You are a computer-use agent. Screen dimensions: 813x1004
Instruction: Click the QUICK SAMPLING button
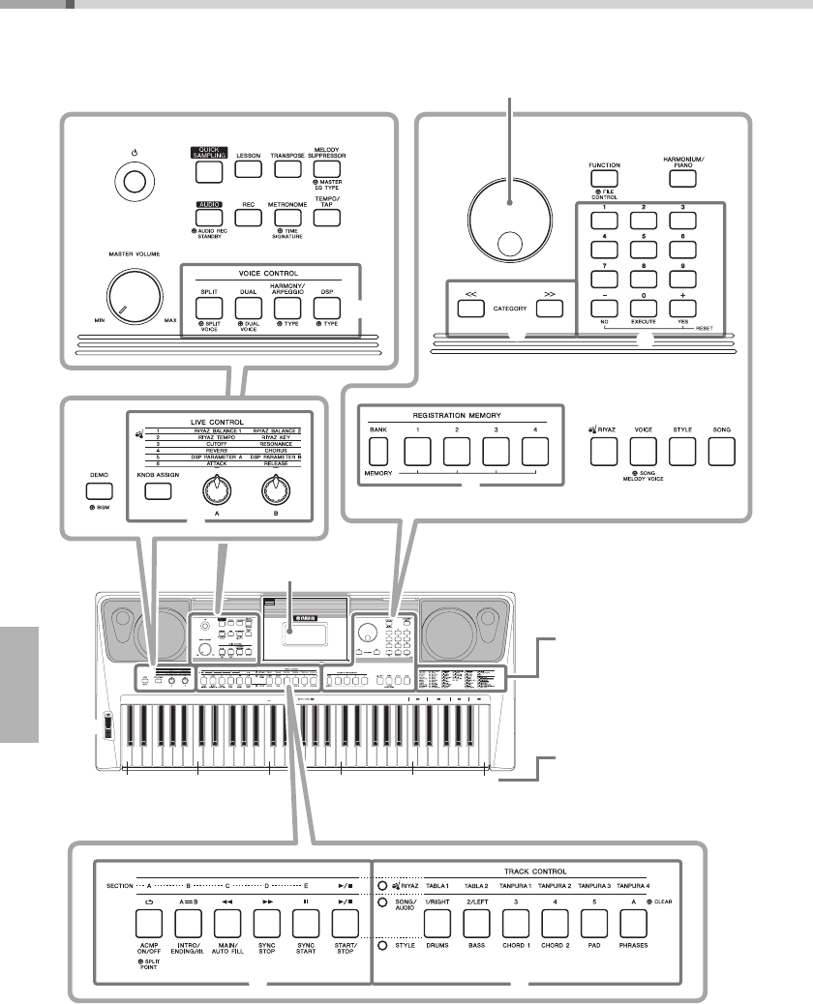click(x=207, y=170)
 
